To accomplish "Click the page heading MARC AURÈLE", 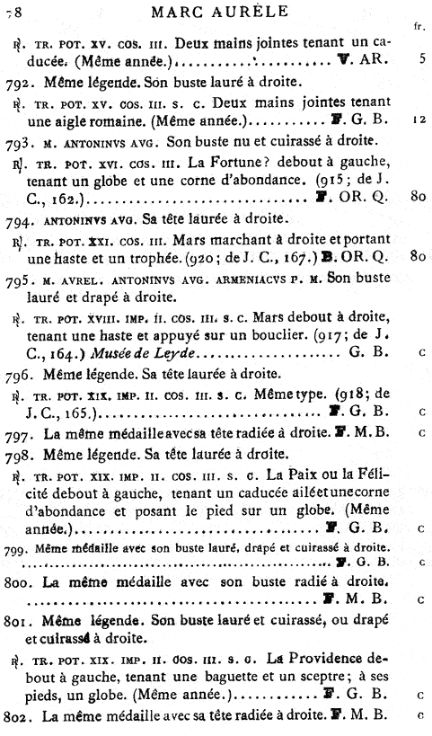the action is pyautogui.click(x=222, y=12).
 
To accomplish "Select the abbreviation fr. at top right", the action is pyautogui.click(x=419, y=27).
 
